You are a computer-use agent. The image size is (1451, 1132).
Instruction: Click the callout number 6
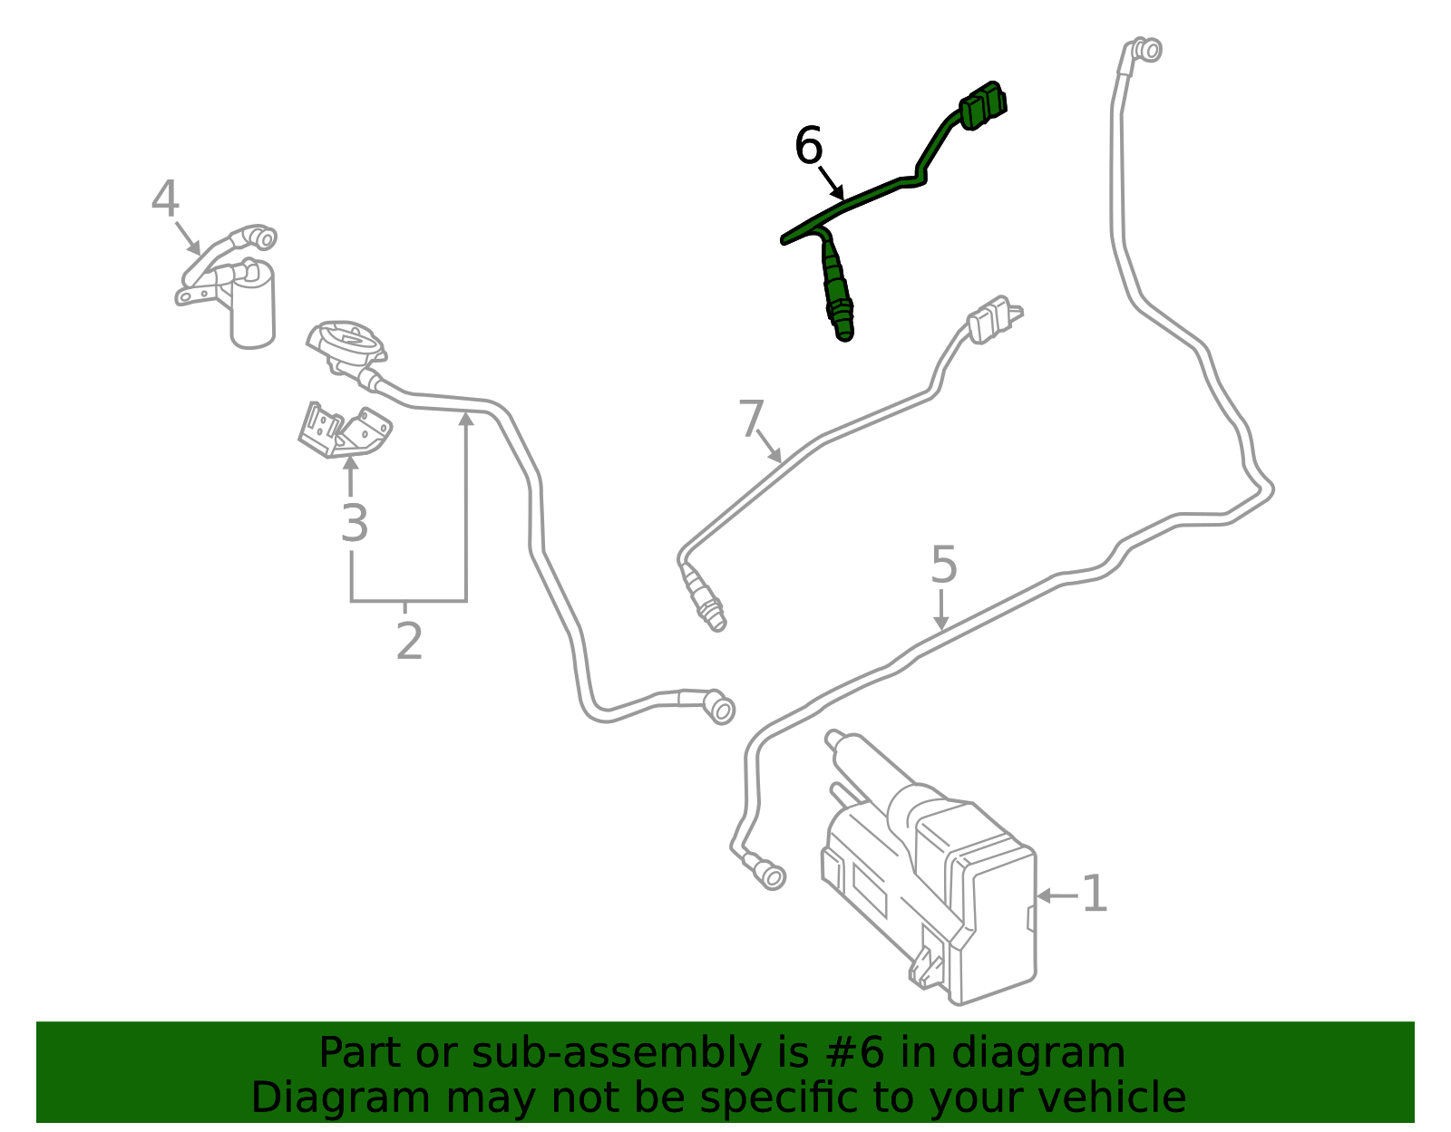808,146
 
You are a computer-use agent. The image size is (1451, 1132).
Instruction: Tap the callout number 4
165,199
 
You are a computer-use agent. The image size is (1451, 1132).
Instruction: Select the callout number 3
354,524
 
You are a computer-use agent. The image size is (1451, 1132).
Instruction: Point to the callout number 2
409,642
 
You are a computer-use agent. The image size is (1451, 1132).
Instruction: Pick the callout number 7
752,420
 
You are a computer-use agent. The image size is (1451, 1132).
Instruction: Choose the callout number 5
944,566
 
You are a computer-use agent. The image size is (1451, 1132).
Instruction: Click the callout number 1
1095,895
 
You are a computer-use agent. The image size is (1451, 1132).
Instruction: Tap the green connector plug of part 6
983,105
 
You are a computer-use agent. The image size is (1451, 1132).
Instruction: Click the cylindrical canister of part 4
252,308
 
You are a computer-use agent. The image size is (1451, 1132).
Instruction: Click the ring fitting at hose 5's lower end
773,876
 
